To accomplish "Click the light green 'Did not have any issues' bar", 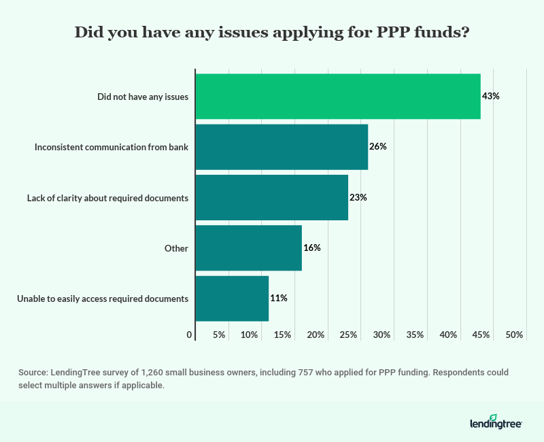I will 337,96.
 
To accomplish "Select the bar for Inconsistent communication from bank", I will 282,146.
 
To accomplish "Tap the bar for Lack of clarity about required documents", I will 271,197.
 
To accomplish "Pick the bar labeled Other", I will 248,248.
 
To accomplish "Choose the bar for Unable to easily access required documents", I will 232,298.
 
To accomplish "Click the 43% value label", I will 490,96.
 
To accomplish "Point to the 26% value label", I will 377,146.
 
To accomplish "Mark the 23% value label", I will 358,197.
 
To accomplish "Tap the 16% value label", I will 311,248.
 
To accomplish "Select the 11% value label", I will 278,298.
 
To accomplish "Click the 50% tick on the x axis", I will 514,335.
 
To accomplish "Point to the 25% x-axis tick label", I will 348,335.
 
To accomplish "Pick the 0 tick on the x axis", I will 189,335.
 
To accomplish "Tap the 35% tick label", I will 415,335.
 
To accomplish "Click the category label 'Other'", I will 176,248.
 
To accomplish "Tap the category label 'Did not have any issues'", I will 142,97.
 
